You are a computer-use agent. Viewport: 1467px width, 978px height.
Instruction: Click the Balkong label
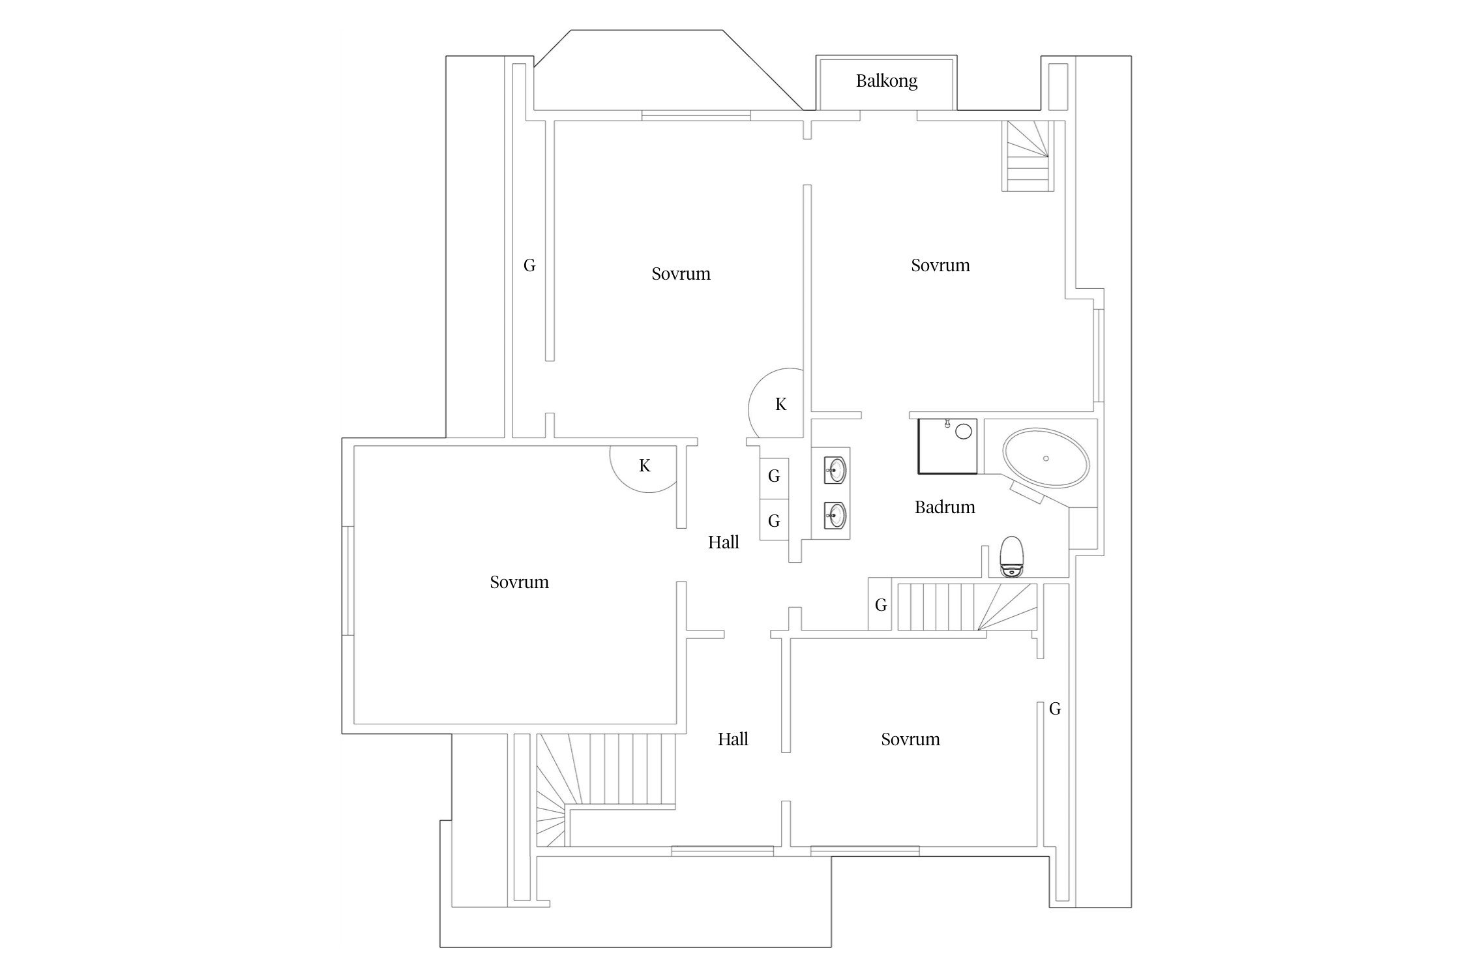pos(886,81)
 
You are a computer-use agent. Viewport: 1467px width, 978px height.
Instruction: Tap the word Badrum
pos(945,507)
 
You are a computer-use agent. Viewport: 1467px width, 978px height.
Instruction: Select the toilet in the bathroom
pos(1011,556)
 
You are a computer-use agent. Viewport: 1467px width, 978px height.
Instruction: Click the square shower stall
pos(947,446)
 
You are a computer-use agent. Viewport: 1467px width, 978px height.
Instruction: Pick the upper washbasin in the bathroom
pos(836,469)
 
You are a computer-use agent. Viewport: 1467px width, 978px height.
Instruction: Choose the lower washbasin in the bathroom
pos(836,515)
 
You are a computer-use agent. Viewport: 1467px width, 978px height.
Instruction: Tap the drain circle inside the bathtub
pos(1046,458)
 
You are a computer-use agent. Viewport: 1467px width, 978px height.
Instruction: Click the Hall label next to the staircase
pos(733,739)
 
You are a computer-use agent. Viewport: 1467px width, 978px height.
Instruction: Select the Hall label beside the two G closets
pos(723,542)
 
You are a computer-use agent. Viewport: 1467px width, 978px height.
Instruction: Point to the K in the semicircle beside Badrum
pos(780,405)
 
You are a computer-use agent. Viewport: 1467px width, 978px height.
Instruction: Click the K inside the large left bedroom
pos(644,466)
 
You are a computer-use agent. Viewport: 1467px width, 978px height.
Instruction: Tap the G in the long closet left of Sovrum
pos(529,265)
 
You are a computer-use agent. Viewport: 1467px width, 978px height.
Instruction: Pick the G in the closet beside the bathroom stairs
pos(881,605)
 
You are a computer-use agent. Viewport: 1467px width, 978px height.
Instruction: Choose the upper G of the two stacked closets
pos(774,476)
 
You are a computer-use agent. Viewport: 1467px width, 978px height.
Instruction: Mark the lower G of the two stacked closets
pos(774,521)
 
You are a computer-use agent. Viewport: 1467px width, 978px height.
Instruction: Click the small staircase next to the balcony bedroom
pos(1028,156)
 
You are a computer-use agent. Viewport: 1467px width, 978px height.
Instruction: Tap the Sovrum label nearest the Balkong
pos(940,265)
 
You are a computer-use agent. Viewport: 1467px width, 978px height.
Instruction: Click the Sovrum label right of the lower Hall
pos(910,739)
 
